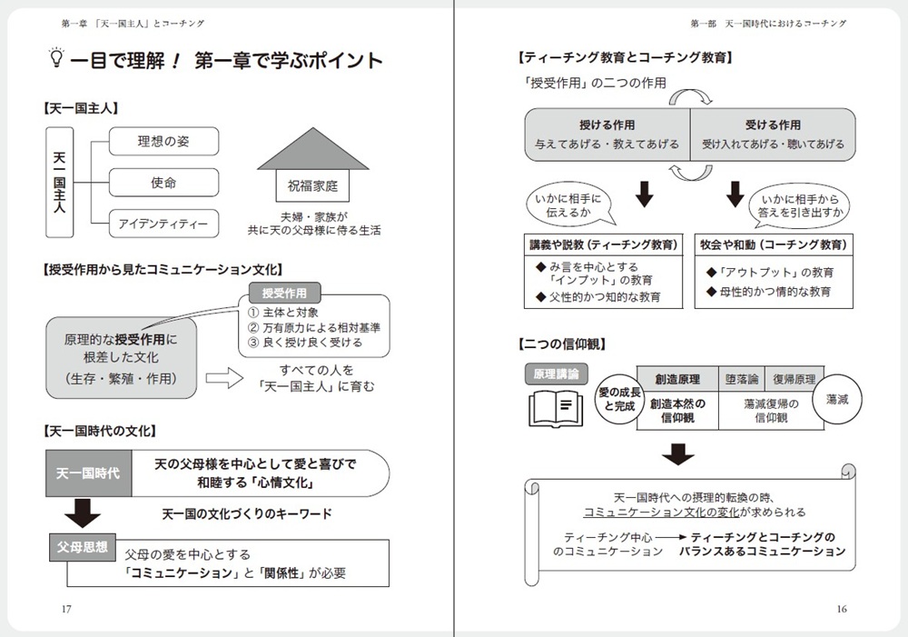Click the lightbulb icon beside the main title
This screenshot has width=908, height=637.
(x=56, y=57)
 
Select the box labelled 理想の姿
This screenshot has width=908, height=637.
(x=163, y=142)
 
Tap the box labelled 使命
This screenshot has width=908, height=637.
(x=163, y=183)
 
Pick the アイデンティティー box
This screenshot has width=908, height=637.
(x=163, y=224)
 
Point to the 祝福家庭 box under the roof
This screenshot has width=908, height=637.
(x=312, y=185)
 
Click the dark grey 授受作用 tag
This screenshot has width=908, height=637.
(x=284, y=293)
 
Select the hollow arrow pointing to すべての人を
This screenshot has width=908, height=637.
(x=224, y=378)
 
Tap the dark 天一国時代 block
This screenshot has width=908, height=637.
(x=89, y=473)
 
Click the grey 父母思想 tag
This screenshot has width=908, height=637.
(x=83, y=547)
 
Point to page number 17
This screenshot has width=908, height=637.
(x=66, y=609)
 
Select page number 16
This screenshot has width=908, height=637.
(x=842, y=609)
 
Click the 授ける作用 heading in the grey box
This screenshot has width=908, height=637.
(x=607, y=124)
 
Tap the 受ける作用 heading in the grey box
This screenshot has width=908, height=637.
(x=773, y=124)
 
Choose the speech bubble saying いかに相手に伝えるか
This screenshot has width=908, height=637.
(x=570, y=205)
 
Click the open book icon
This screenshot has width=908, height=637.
(x=556, y=408)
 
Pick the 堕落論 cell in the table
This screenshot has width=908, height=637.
(x=742, y=379)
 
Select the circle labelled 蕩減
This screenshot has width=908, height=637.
(x=837, y=399)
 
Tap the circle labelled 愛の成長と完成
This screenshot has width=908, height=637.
(x=619, y=399)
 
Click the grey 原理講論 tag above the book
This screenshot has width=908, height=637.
(x=556, y=373)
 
